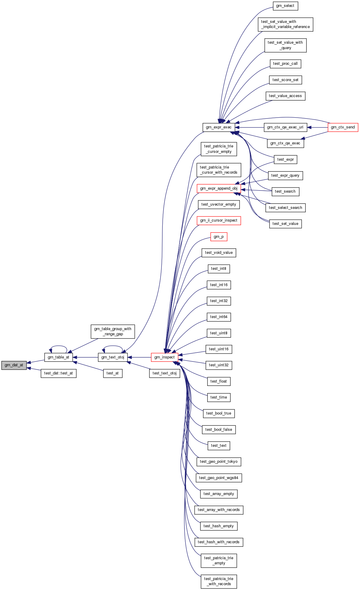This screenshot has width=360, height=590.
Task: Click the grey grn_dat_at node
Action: pyautogui.click(x=14, y=365)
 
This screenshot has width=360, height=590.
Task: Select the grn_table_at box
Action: pyautogui.click(x=58, y=357)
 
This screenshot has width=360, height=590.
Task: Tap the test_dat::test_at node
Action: pyautogui.click(x=58, y=373)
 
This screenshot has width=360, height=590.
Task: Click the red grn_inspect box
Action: pyautogui.click(x=164, y=357)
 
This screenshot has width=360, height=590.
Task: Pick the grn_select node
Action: pyautogui.click(x=285, y=6)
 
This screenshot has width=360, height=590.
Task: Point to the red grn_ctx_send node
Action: pyautogui.click(x=343, y=127)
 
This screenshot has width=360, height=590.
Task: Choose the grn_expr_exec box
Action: pyautogui.click(x=219, y=127)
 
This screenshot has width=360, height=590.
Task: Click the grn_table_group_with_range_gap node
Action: pyautogui.click(x=113, y=331)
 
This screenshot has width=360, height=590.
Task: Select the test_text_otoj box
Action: pyautogui.click(x=164, y=373)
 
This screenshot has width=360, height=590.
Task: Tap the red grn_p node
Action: pyautogui.click(x=219, y=237)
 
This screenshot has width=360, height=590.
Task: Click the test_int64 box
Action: pyautogui.click(x=219, y=317)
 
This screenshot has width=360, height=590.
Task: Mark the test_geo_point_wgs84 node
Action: pyautogui.click(x=219, y=478)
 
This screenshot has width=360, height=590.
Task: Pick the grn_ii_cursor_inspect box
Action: pyautogui.click(x=219, y=220)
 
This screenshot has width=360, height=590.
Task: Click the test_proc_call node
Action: pyautogui.click(x=285, y=64)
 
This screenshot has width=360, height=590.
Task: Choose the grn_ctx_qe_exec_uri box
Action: pyautogui.click(x=285, y=127)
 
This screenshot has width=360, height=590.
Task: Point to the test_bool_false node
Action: pyautogui.click(x=219, y=430)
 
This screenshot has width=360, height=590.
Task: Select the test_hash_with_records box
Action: pyautogui.click(x=219, y=542)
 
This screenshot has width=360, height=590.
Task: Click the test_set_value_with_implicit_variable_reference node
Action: pyautogui.click(x=285, y=24)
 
